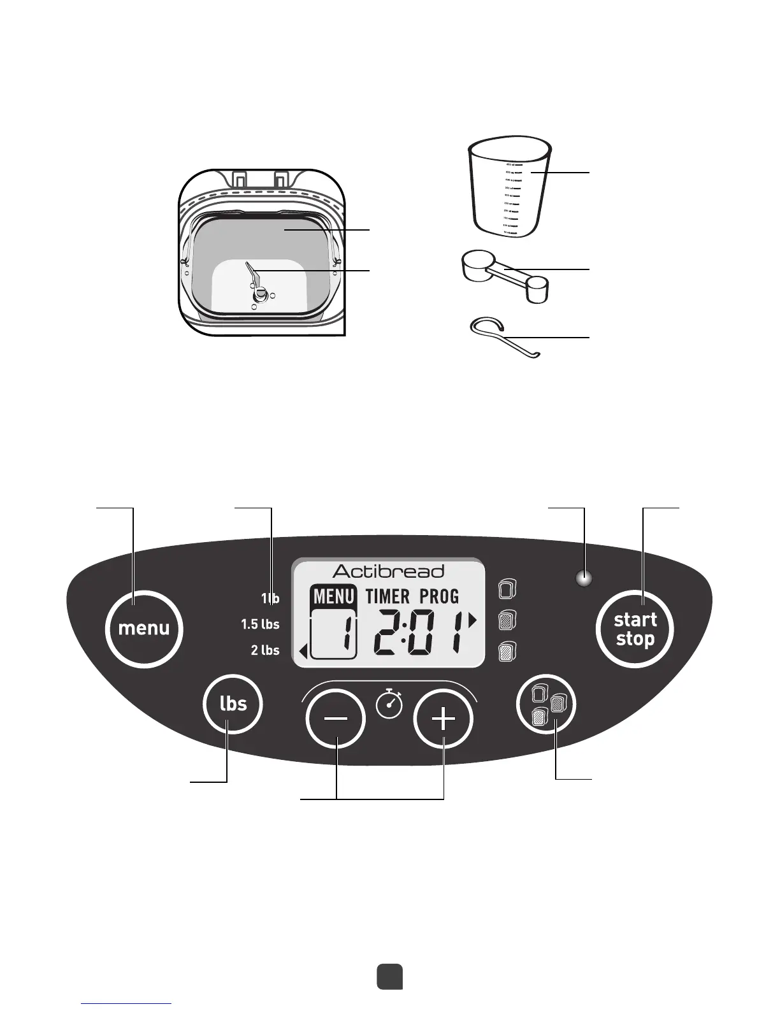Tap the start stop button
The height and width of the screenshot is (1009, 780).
[x=635, y=629]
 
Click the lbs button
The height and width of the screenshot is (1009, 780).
[x=233, y=703]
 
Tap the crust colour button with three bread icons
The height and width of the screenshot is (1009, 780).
[x=545, y=704]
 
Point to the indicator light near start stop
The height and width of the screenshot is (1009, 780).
[x=584, y=579]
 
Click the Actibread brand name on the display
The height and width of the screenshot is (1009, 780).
[x=388, y=571]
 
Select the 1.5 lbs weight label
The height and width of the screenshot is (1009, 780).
[x=260, y=624]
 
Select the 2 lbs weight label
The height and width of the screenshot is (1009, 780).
[x=265, y=650]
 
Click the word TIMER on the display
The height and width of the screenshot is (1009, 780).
[x=387, y=597]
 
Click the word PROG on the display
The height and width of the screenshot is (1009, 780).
[x=439, y=597]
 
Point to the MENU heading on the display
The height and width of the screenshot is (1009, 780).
[x=333, y=597]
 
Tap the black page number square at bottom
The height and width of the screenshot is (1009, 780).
[x=389, y=977]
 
